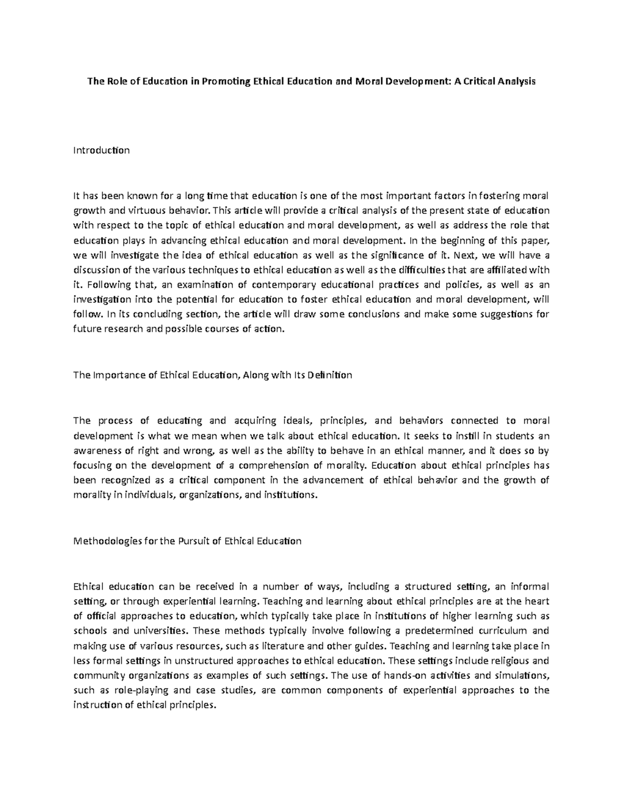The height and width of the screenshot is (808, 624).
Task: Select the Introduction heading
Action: (x=101, y=150)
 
